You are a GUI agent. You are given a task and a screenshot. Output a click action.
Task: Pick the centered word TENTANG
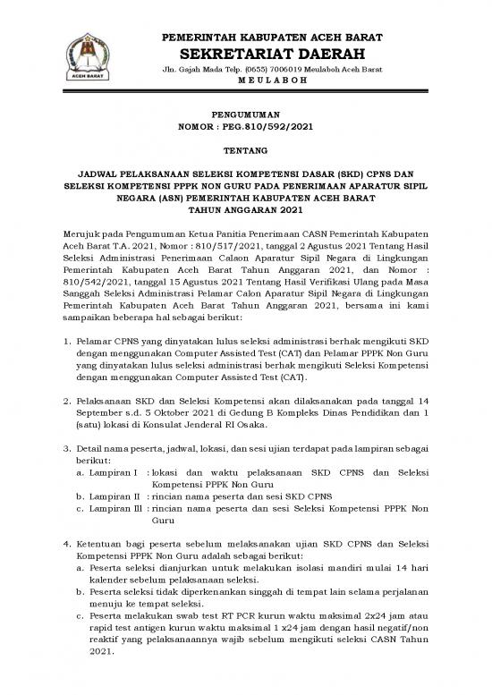(245, 152)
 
